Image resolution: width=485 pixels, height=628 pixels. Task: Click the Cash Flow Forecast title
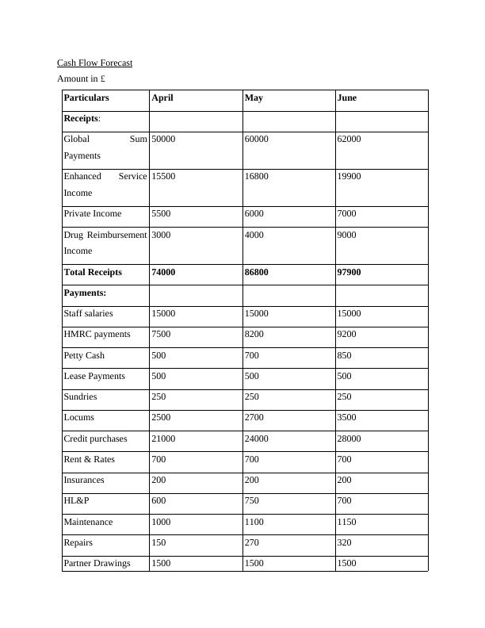[x=94, y=63]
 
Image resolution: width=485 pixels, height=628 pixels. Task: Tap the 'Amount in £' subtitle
[x=82, y=79]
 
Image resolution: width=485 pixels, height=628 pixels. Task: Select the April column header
[x=162, y=98]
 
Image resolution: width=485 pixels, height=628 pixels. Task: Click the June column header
[x=346, y=98]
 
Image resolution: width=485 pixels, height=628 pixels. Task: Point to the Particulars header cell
[x=86, y=98]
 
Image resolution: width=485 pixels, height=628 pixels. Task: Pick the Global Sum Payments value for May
[x=256, y=140]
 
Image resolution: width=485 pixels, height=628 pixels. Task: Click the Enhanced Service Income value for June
[x=349, y=176]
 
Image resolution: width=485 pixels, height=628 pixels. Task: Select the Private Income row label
[x=93, y=213]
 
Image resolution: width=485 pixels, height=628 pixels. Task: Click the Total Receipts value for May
[x=257, y=272]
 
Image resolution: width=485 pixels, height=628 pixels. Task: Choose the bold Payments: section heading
[x=85, y=293]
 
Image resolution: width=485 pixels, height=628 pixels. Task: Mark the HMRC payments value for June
[x=346, y=335]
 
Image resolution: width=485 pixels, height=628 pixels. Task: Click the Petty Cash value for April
[x=158, y=355]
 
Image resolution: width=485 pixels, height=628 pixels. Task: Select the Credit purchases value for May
[x=257, y=438]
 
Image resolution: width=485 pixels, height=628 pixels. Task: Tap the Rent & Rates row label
[x=90, y=459]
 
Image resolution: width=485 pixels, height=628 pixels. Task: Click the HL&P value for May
[x=254, y=501]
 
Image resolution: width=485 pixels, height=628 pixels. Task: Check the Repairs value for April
[x=158, y=542]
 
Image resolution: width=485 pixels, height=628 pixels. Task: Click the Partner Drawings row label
[x=97, y=563]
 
